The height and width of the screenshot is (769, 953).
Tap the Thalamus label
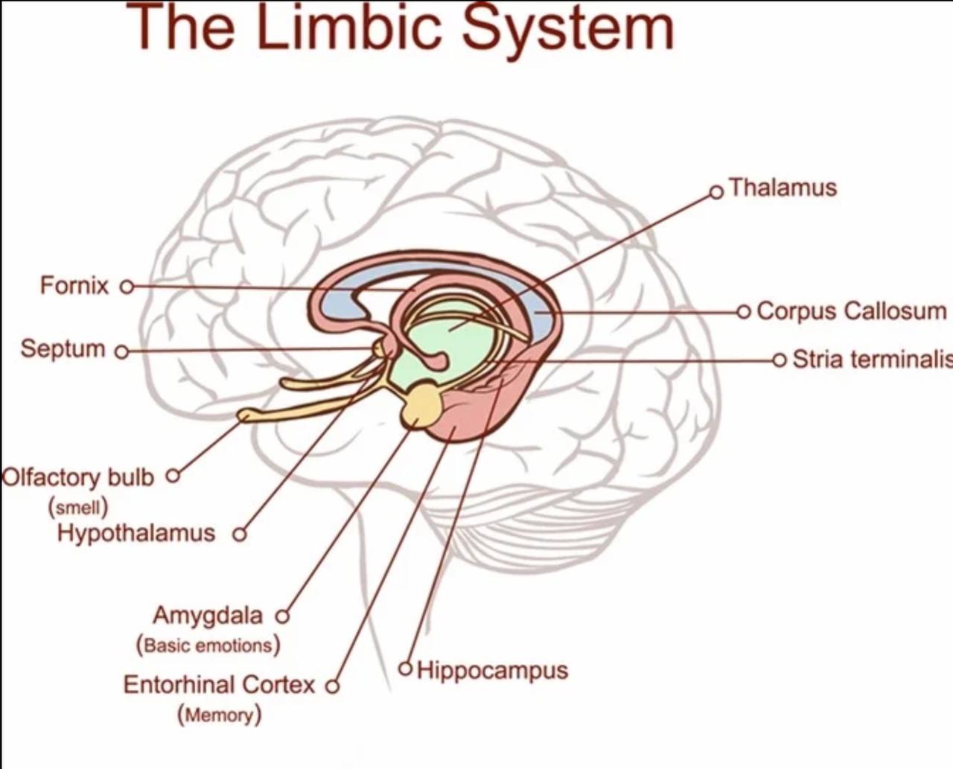pyautogui.click(x=783, y=188)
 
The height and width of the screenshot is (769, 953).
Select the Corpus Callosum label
pyautogui.click(x=851, y=310)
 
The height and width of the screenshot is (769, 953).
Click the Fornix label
pyautogui.click(x=74, y=285)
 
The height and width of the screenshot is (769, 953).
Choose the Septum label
pyautogui.click(x=63, y=348)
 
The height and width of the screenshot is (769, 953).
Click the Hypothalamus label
pyautogui.click(x=136, y=533)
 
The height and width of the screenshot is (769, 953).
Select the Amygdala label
pyautogui.click(x=208, y=616)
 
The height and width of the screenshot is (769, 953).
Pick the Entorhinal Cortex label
pyautogui.click(x=219, y=685)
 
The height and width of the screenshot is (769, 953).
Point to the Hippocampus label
pyautogui.click(x=492, y=670)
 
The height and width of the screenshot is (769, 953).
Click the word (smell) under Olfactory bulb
pyautogui.click(x=78, y=508)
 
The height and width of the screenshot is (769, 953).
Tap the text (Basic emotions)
pyautogui.click(x=208, y=645)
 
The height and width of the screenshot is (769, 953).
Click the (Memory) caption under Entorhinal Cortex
pyautogui.click(x=219, y=715)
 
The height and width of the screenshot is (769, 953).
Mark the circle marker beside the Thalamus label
pyautogui.click(x=716, y=192)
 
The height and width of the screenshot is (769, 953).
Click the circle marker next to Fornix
pyautogui.click(x=127, y=286)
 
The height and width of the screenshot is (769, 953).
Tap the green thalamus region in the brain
pyautogui.click(x=447, y=342)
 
